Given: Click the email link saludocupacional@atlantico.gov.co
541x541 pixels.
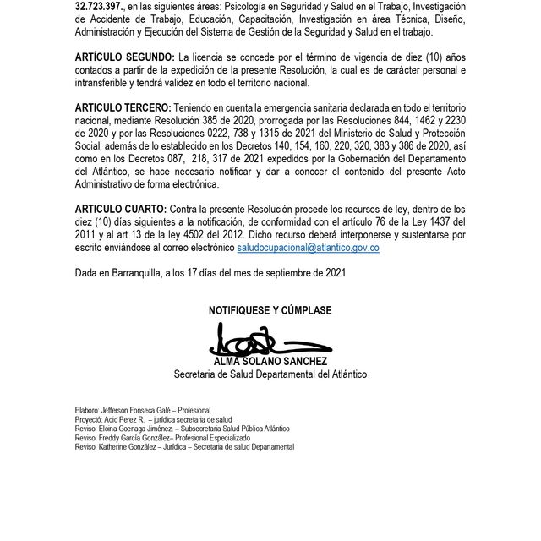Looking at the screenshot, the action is [308, 248].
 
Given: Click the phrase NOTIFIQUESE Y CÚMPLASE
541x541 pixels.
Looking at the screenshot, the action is [270, 310].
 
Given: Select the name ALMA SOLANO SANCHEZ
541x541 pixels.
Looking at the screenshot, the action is [270, 362].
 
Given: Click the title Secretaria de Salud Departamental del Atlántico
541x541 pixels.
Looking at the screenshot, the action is [270, 374].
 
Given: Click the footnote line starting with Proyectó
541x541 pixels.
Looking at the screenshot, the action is [153, 419].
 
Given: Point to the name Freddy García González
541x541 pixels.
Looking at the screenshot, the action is [137, 438].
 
